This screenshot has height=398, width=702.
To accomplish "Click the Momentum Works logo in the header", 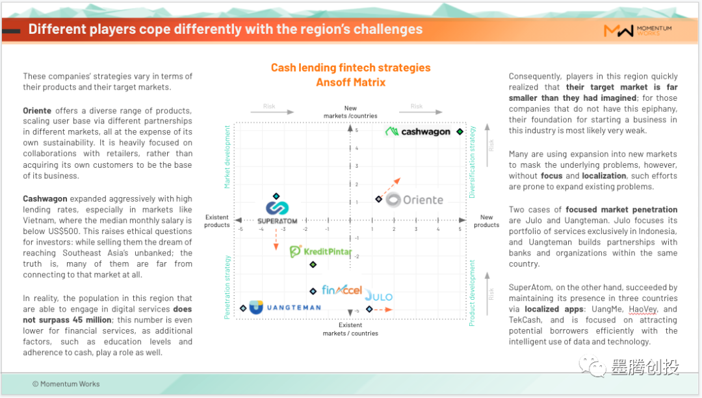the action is (638, 31).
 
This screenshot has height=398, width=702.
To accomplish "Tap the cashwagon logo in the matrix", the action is (418, 131).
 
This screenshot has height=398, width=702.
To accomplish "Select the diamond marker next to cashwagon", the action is (460, 131).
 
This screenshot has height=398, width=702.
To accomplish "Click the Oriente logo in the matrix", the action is (415, 200).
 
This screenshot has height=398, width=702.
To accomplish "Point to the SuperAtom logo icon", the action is (277, 207).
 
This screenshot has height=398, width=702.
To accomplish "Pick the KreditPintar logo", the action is (320, 251).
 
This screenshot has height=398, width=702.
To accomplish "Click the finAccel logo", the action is (342, 290).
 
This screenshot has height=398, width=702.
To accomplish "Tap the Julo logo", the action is (379, 296).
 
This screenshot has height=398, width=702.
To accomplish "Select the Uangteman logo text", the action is (294, 308).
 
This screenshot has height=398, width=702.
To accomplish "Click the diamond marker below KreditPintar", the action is (313, 265).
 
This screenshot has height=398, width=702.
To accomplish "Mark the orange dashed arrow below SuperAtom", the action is (276, 239).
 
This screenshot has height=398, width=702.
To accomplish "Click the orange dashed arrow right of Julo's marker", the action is (383, 310).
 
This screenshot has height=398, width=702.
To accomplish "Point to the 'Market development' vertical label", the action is (227, 157).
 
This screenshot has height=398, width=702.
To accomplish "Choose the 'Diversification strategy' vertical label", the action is (472, 162).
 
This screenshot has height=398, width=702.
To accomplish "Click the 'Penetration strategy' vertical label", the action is (227, 287).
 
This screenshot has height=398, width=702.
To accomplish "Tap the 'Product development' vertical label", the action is (472, 293).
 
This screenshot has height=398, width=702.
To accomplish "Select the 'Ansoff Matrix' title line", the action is (350, 83).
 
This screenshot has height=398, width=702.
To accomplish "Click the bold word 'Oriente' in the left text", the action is (37, 111).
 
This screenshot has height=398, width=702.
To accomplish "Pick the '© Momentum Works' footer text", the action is (66, 384).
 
